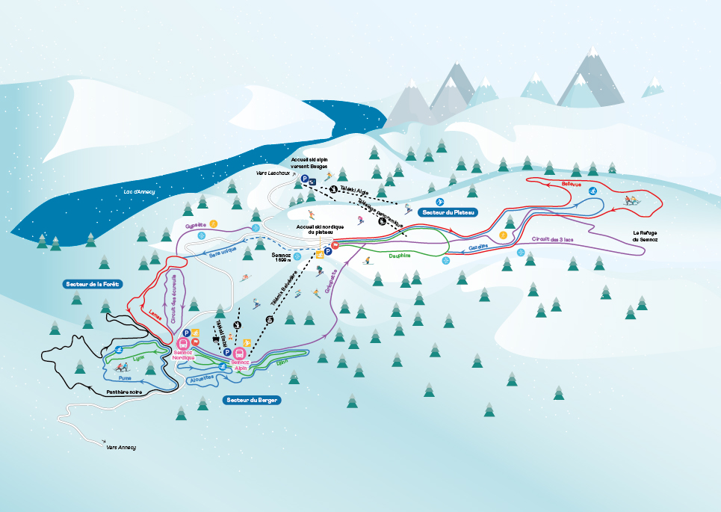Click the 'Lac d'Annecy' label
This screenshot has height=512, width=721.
coord(139,192)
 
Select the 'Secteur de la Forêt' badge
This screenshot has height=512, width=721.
coord(93,284)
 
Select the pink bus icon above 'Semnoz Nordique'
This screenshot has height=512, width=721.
coord(182,345)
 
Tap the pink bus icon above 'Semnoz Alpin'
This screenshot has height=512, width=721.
coord(239,354)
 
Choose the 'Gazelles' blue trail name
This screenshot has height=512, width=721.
coord(478,247)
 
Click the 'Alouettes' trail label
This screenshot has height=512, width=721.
coord(202,378)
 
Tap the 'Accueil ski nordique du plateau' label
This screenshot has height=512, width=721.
coord(314,229)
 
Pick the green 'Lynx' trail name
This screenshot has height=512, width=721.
coord(138,358)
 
